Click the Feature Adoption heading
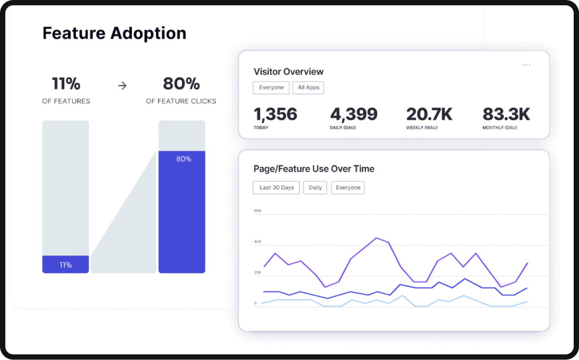click(x=114, y=33)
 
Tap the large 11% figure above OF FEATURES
click(x=66, y=84)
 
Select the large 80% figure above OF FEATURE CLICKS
click(x=181, y=84)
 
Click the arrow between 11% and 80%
click(x=122, y=85)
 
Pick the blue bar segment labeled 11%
click(x=65, y=264)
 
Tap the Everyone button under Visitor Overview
click(x=271, y=88)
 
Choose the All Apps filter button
click(x=308, y=88)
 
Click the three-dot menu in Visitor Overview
click(x=526, y=65)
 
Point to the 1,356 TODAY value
click(x=275, y=115)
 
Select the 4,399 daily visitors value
click(x=354, y=115)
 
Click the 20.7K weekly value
click(x=429, y=115)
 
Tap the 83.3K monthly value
click(x=506, y=115)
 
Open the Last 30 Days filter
click(x=276, y=187)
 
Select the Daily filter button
click(x=315, y=187)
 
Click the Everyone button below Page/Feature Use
click(x=348, y=187)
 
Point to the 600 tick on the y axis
click(x=258, y=211)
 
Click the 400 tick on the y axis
click(x=258, y=242)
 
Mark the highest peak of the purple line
click(x=376, y=238)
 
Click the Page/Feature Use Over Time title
click(x=314, y=169)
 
